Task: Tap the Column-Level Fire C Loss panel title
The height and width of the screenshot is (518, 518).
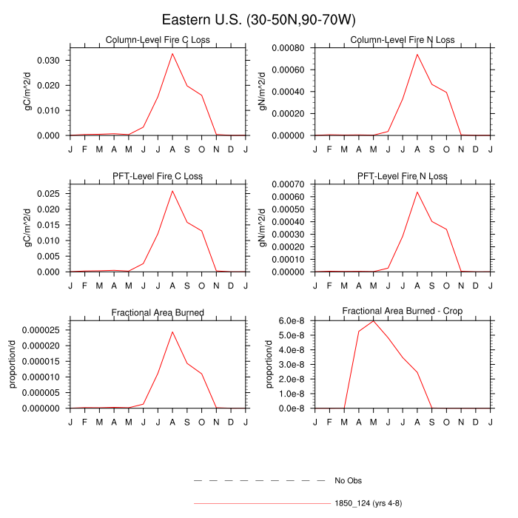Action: tap(158, 40)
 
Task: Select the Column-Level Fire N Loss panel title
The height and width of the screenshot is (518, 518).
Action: tap(403, 40)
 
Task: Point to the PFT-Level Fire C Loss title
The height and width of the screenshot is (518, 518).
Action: tap(158, 176)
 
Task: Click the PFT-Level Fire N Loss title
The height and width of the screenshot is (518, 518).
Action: tap(403, 176)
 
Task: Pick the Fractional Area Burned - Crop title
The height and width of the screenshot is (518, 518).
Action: tap(403, 312)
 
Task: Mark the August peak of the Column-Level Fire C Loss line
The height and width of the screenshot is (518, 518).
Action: tap(172, 53)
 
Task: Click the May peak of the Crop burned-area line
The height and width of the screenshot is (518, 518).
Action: tap(374, 320)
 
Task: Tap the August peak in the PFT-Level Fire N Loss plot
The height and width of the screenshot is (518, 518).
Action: tap(417, 192)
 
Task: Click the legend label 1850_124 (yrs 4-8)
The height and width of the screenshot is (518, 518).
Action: tap(368, 503)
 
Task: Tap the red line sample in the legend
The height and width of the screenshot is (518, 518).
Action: tap(259, 503)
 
